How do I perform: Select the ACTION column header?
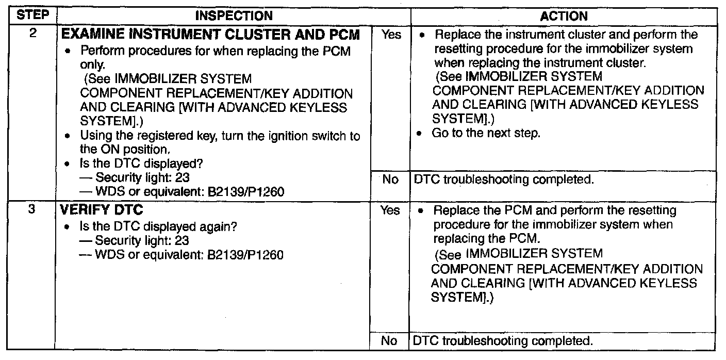pos(564,17)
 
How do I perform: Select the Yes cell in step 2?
pos(391,36)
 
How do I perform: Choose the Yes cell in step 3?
pos(391,211)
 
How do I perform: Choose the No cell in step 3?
pos(391,341)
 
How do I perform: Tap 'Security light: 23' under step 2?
pos(142,179)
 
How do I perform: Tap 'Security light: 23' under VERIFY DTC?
pos(142,240)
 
